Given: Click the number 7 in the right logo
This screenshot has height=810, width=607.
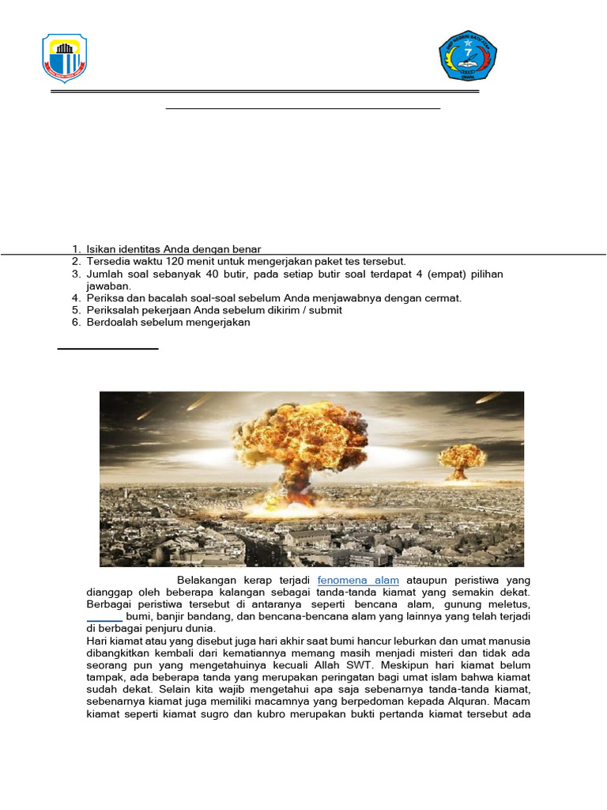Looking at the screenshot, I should [468, 52].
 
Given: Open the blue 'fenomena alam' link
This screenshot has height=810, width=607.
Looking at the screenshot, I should [358, 581].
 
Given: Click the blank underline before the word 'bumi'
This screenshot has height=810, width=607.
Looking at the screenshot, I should [104, 616].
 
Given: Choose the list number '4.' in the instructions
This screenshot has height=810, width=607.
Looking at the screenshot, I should [77, 298].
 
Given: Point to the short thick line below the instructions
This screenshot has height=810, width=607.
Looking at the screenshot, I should [108, 348].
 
